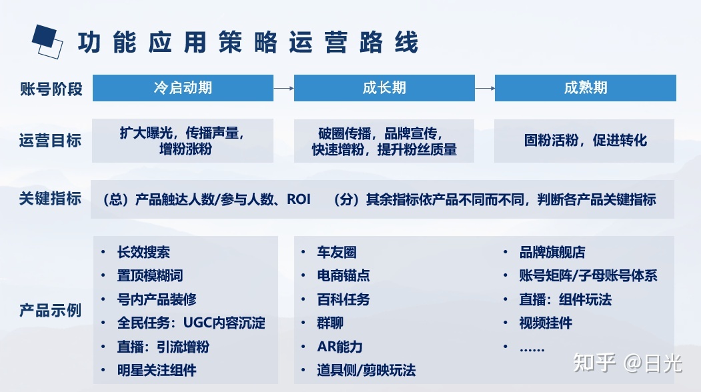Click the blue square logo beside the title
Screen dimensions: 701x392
coord(47,41)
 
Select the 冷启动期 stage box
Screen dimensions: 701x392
coord(183,87)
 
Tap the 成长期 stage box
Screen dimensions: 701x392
coord(384,87)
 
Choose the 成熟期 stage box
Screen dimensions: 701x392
coord(585,87)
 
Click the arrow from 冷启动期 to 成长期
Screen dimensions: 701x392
coord(284,88)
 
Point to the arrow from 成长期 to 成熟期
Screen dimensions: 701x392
coord(485,88)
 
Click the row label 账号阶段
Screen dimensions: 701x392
coord(51,89)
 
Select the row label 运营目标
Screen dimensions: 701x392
coord(51,141)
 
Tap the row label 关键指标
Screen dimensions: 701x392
coord(51,199)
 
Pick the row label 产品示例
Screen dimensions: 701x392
coord(51,310)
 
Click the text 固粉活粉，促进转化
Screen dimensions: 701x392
coord(585,141)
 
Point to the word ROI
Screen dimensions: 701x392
coord(299,199)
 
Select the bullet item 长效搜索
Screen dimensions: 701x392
coord(143,252)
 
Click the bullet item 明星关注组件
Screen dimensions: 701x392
coord(157,370)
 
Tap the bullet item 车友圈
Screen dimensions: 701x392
coord(337,252)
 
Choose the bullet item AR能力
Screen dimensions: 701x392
coord(339,347)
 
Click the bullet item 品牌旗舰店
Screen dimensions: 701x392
coord(552,252)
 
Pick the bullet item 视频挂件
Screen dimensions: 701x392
coord(546,323)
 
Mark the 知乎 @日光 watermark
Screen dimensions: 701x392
coord(628,363)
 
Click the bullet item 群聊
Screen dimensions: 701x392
coord(330,323)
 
